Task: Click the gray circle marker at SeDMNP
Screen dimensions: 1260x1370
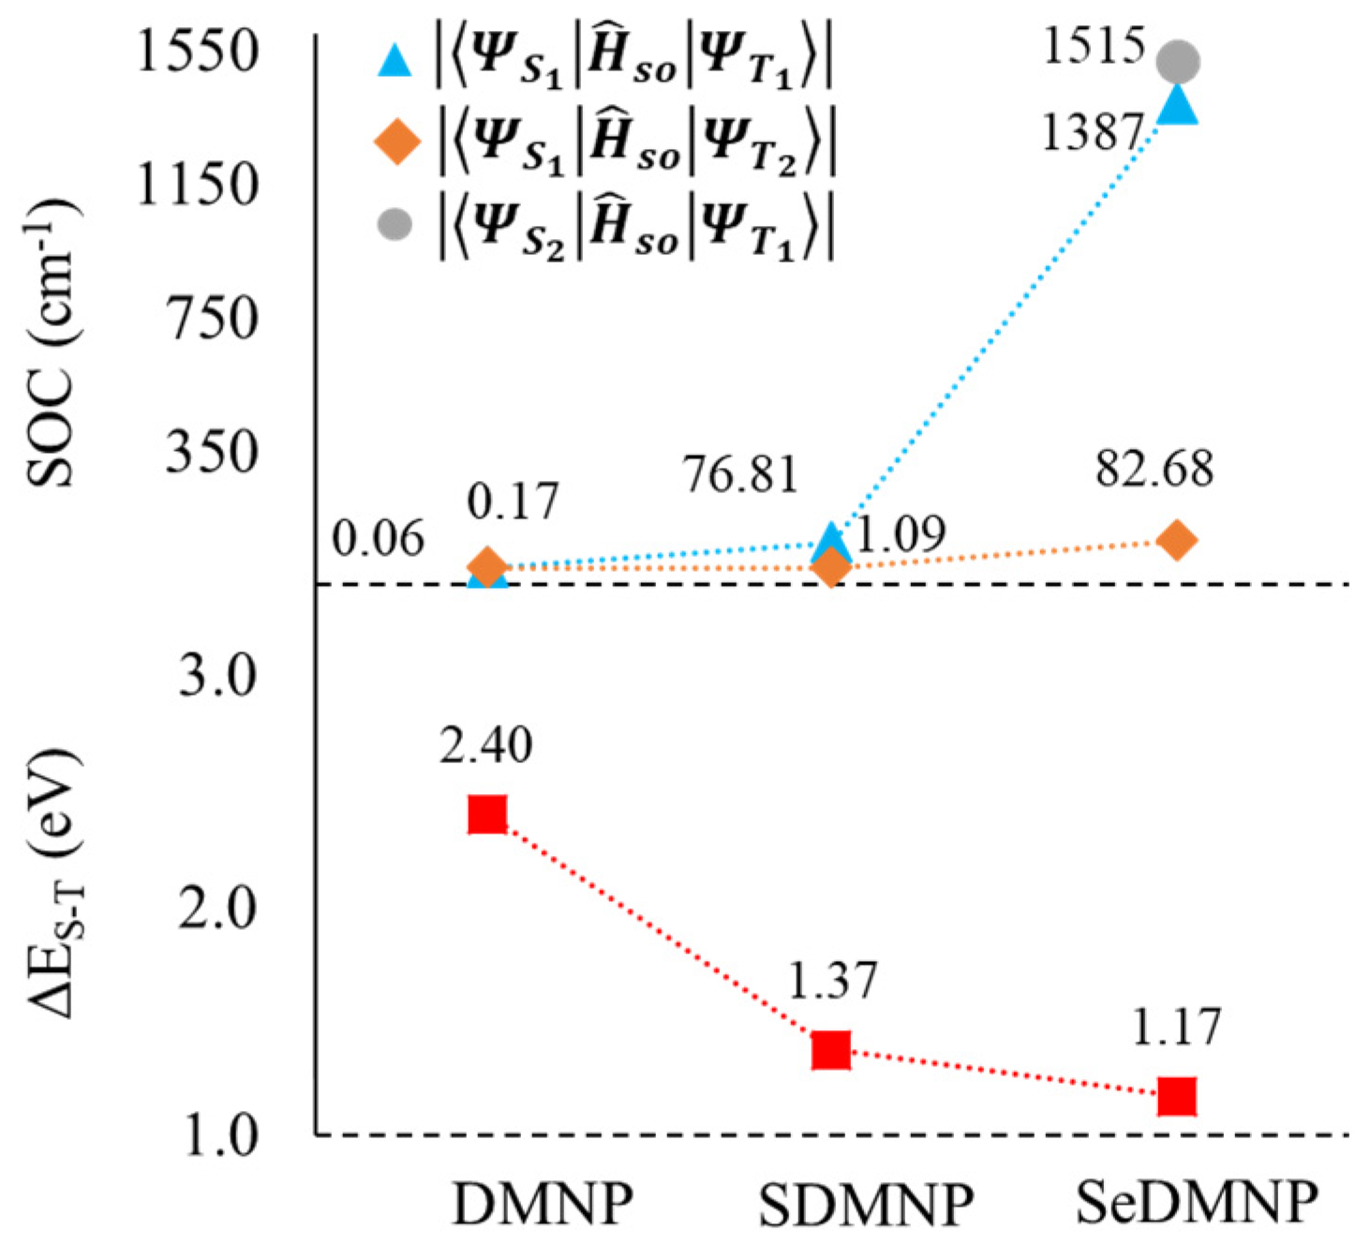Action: (x=1177, y=62)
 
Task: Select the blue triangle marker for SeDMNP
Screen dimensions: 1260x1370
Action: (x=1177, y=105)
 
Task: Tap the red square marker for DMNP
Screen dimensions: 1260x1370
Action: (x=487, y=815)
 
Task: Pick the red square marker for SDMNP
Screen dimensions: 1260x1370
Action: (x=830, y=1050)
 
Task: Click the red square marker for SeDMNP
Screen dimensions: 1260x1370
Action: (x=1176, y=1095)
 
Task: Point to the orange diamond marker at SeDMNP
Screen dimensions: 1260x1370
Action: (x=1177, y=540)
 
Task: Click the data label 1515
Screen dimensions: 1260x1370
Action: (x=1094, y=45)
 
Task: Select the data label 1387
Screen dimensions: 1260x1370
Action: (x=1093, y=132)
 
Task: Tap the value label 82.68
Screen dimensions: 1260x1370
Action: (x=1154, y=468)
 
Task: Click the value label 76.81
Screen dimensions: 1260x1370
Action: (x=739, y=473)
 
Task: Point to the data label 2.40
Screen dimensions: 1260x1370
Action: (x=486, y=745)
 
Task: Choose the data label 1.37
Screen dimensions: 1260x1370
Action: (x=831, y=981)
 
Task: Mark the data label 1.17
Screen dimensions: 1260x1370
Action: (x=1176, y=1027)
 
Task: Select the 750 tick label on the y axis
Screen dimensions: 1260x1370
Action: (x=212, y=319)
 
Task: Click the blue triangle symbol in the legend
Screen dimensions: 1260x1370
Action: (x=394, y=62)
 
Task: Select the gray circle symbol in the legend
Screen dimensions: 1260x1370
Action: (x=394, y=225)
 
